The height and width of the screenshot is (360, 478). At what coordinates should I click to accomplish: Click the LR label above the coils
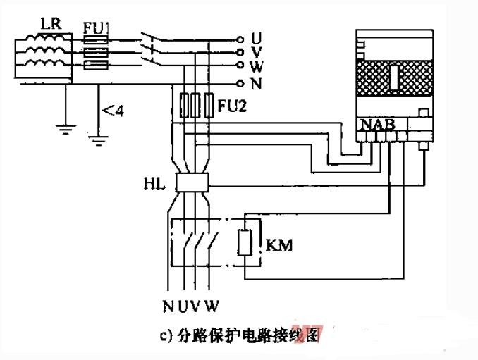(x=51, y=23)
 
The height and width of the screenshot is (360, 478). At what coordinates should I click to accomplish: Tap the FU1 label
(x=96, y=29)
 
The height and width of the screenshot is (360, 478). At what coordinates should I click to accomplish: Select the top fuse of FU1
(x=96, y=40)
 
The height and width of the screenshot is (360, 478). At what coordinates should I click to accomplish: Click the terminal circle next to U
(x=240, y=39)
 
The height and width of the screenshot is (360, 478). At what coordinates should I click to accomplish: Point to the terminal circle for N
(x=240, y=83)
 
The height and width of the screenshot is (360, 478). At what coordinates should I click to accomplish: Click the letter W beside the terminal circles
(x=256, y=66)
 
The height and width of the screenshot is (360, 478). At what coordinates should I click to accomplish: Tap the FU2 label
(x=232, y=106)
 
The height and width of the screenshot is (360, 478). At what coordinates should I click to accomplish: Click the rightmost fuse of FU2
(x=209, y=106)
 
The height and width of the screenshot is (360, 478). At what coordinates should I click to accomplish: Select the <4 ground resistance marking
(x=114, y=111)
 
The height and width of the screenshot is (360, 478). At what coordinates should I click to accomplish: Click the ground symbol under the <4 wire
(x=98, y=139)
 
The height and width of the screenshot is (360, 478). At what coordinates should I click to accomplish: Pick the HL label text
(x=154, y=184)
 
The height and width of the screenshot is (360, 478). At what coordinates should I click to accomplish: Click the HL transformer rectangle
(x=192, y=182)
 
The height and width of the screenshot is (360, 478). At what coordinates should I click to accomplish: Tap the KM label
(x=279, y=245)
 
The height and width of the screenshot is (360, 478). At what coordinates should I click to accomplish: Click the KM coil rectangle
(x=245, y=242)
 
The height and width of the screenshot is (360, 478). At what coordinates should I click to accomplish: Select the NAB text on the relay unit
(x=378, y=125)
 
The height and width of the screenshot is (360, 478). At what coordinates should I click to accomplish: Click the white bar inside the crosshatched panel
(x=395, y=78)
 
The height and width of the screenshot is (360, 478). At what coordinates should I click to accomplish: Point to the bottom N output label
(x=168, y=306)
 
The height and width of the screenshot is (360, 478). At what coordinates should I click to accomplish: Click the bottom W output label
(x=212, y=306)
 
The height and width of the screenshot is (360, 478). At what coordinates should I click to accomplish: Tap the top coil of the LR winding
(x=44, y=39)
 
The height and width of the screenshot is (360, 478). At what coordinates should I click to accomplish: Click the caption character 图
(x=314, y=335)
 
